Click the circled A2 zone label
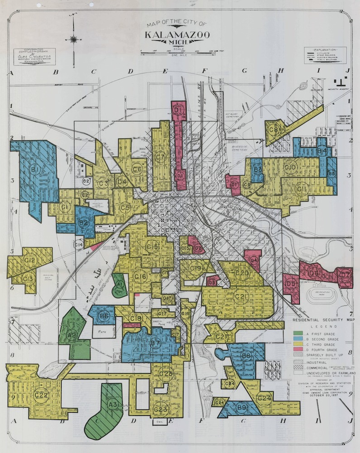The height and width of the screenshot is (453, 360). point(71,335)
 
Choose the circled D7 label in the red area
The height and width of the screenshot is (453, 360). point(345,275)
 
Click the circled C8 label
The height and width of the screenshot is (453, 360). point(273,130)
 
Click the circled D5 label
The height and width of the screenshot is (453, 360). point(292,284)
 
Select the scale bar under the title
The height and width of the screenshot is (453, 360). point(184,54)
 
